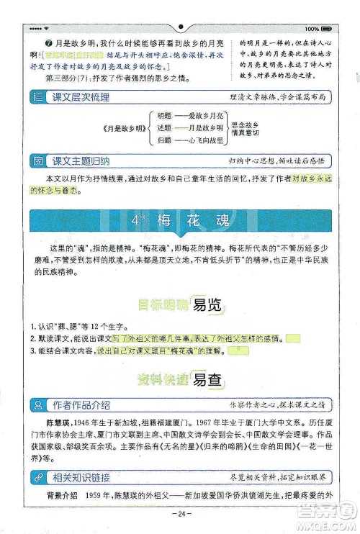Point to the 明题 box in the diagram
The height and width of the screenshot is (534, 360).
pos(165,116)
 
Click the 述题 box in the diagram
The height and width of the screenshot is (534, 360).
pos(165,127)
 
